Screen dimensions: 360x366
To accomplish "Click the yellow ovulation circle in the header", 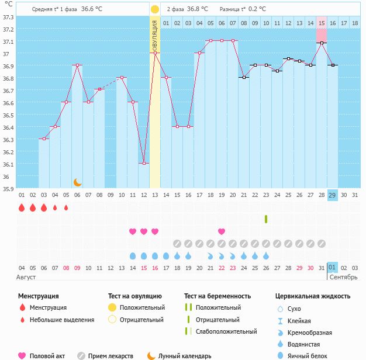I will click(x=154, y=9).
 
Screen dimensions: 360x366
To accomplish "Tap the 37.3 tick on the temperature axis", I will click(x=9, y=17).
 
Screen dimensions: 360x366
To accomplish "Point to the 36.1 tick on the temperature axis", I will click(x=9, y=164).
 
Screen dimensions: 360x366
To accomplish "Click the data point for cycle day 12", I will click(x=144, y=163).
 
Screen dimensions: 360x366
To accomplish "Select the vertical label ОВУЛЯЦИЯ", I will click(x=154, y=35).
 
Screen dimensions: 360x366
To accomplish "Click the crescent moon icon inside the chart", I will click(x=77, y=182).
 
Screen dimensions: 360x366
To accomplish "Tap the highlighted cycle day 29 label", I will click(x=332, y=195).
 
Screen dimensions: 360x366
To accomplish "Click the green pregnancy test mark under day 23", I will click(x=266, y=219).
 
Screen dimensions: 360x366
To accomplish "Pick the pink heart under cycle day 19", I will click(x=222, y=231).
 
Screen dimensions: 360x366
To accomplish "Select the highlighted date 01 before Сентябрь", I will click(x=332, y=268).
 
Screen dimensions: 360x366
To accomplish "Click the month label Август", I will click(x=27, y=276).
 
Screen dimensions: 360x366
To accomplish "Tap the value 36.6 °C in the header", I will click(x=91, y=9).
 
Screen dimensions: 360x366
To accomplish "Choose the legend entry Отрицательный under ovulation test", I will click(x=142, y=320).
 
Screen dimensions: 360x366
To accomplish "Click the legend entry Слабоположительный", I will click(x=226, y=331).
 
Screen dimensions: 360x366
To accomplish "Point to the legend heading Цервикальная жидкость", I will click(x=313, y=296).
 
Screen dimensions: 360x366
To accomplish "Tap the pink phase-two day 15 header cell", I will click(x=322, y=23).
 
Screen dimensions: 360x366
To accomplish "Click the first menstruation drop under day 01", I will click(x=22, y=207).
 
